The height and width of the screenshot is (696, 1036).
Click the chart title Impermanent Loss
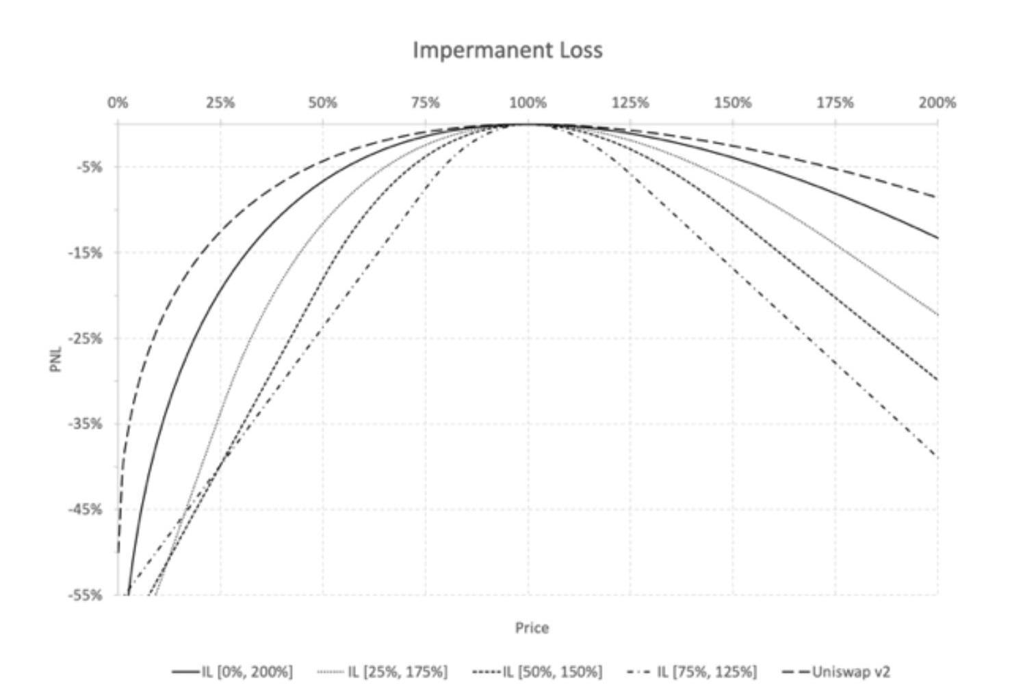tap(507, 50)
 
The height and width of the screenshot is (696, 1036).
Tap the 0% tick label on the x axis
tap(118, 103)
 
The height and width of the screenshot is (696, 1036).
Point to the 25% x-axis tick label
tap(220, 103)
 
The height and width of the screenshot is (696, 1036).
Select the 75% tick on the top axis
tap(425, 103)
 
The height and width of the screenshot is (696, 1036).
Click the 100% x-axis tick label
tap(528, 103)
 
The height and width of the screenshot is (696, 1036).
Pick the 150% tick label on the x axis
tap(732, 103)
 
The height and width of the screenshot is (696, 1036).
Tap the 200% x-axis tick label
tap(937, 103)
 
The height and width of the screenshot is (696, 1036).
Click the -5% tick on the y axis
tap(90, 167)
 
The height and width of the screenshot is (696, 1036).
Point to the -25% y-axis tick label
tap(86, 338)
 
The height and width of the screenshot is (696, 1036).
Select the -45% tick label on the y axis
tap(86, 509)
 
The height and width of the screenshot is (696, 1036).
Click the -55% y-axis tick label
tap(86, 595)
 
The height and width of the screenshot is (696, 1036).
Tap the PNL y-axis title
tap(56, 360)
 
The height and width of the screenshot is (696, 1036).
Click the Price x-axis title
tap(532, 628)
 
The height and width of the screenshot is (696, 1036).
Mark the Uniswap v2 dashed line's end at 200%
tap(936, 198)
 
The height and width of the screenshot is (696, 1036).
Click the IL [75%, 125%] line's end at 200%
tap(936, 457)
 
